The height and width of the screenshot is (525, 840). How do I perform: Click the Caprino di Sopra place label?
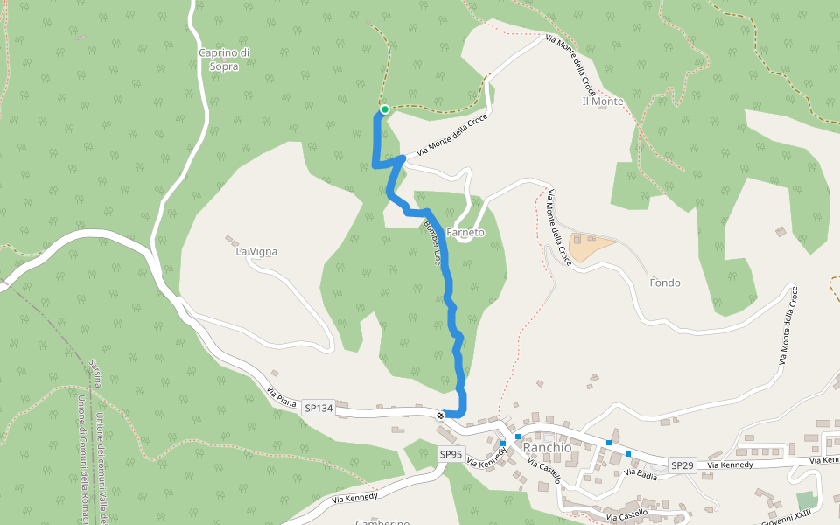tap(225, 59)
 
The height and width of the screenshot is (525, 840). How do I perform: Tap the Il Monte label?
tap(603, 101)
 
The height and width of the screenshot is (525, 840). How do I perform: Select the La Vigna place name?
tap(256, 252)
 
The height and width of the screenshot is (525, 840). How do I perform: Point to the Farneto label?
tap(465, 233)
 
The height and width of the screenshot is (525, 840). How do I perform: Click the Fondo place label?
tap(665, 283)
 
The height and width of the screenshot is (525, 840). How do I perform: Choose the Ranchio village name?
tap(547, 447)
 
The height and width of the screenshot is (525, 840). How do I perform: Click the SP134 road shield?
tap(319, 408)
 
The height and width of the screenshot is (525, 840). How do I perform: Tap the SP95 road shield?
tap(451, 454)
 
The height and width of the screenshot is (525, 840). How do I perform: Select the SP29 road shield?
tap(682, 465)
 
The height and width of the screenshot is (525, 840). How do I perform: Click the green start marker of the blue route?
tap(384, 109)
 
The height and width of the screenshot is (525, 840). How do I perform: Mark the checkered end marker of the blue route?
tap(440, 415)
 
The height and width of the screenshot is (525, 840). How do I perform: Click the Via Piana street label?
tap(282, 396)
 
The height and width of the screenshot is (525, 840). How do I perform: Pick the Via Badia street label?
tap(641, 473)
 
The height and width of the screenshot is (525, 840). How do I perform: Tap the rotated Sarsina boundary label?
tap(96, 373)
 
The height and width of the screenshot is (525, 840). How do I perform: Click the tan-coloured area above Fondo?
tap(591, 245)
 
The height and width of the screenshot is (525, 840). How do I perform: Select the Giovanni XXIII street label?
tap(787, 515)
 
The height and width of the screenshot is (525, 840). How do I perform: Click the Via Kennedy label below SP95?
tap(355, 499)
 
